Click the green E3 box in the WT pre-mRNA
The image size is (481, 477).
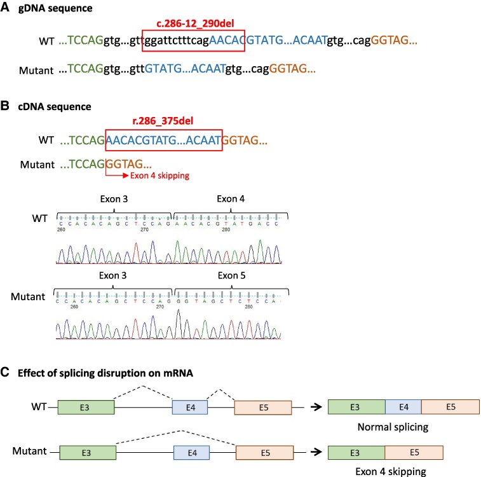click(86, 407)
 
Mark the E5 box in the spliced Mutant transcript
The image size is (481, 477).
click(414, 452)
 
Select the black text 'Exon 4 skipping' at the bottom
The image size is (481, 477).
click(386, 471)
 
